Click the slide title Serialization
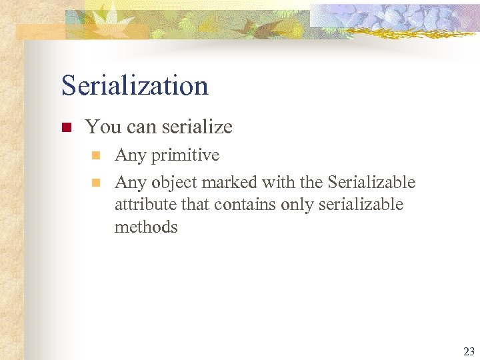(135, 86)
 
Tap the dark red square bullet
(66, 127)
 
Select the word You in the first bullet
(100, 127)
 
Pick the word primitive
(185, 155)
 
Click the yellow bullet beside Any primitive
(96, 155)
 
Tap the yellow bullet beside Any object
(96, 182)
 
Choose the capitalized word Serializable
(371, 182)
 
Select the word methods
(146, 227)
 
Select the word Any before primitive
(131, 155)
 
